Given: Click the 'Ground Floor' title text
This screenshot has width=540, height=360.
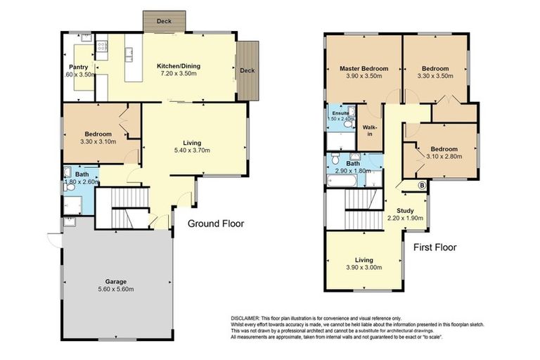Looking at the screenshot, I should coord(215,224).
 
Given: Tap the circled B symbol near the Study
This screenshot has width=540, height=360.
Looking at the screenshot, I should coord(421,186).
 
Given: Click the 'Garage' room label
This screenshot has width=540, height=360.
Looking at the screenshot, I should coord(116,282).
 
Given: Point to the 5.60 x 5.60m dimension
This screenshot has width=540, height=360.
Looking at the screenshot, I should coord(116,290).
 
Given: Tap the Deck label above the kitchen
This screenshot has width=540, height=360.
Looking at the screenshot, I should coord(164,22).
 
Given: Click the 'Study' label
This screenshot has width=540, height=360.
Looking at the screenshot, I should coord(404,210).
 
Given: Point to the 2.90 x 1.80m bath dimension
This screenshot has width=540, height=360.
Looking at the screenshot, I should coord(353,172).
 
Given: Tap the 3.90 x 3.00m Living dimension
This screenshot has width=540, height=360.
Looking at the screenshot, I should coord(364,267).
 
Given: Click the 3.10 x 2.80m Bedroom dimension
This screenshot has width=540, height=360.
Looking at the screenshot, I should coord(444,157).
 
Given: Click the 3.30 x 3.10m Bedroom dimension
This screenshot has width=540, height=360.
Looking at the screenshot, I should coord(98,142).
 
